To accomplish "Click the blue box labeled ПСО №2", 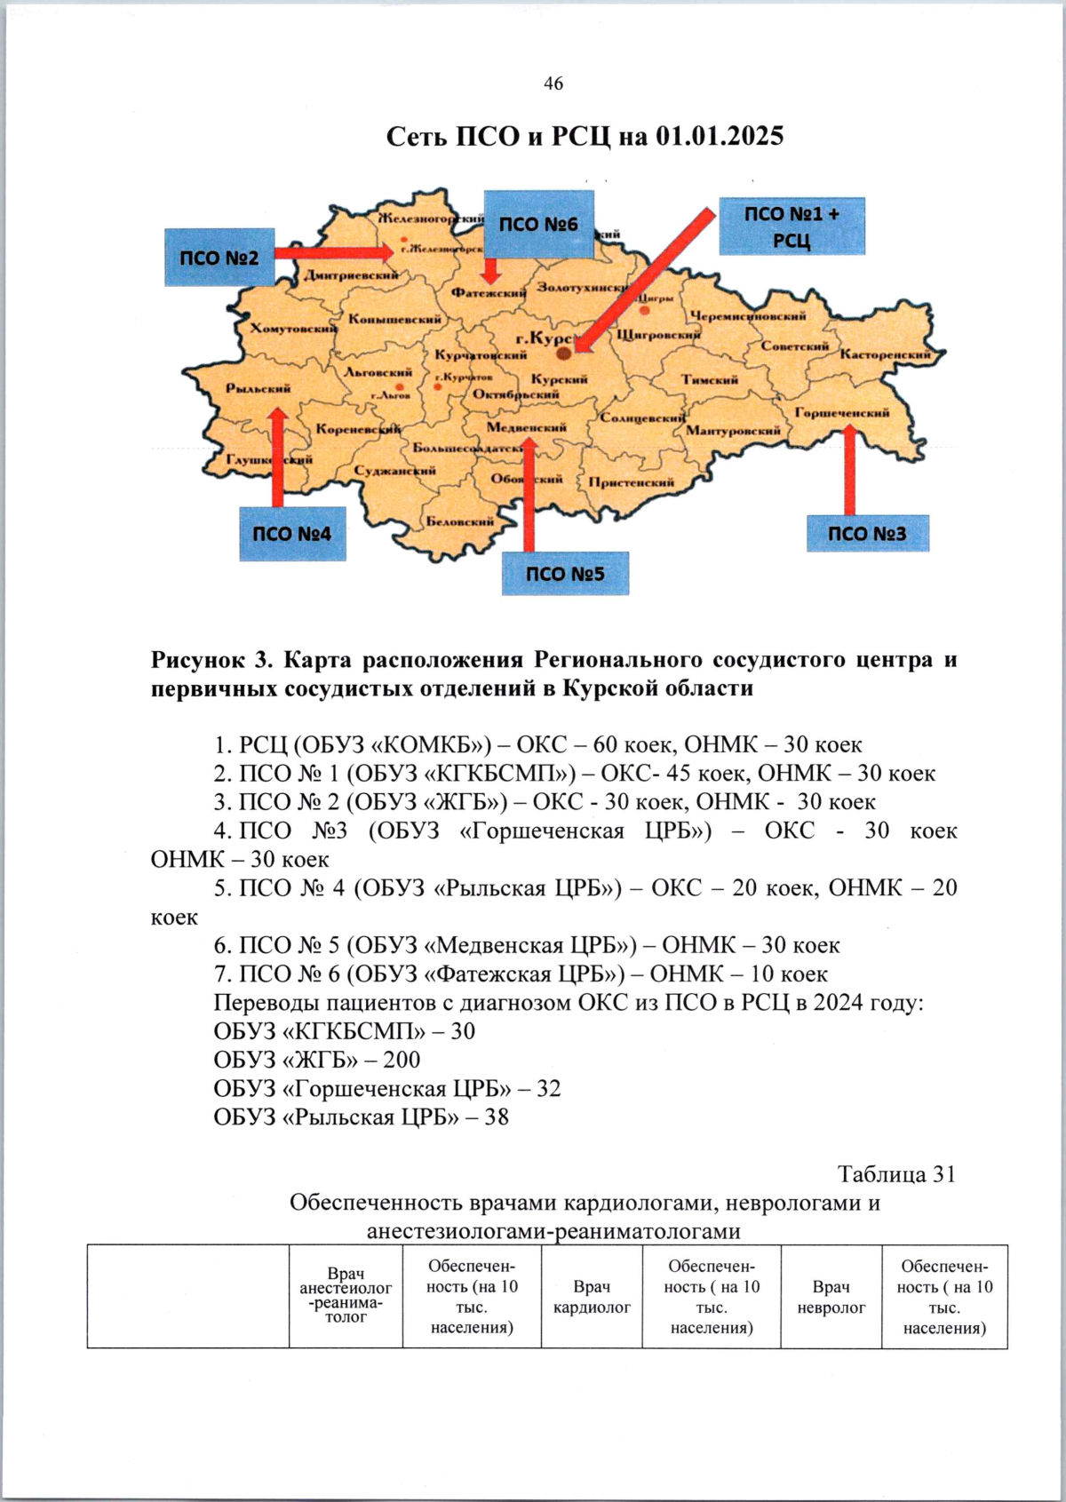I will [219, 258].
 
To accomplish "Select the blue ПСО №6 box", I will [537, 224].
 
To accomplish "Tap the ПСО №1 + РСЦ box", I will [791, 226].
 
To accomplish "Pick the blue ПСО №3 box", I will [867, 533].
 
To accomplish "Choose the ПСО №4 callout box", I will [291, 534].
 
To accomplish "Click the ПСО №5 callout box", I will [564, 574].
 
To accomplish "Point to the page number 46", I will [553, 83].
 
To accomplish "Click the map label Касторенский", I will [885, 354].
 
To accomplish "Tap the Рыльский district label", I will [258, 388].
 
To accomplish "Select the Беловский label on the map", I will [459, 521].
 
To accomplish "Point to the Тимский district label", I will [710, 379].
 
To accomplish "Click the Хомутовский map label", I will [293, 329].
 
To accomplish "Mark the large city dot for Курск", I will [563, 354].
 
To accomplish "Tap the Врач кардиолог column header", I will [592, 1297].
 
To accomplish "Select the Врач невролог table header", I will [831, 1297].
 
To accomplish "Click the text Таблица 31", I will [896, 1174].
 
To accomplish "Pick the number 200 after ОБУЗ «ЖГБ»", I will [402, 1060].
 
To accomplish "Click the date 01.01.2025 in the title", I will [720, 136].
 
